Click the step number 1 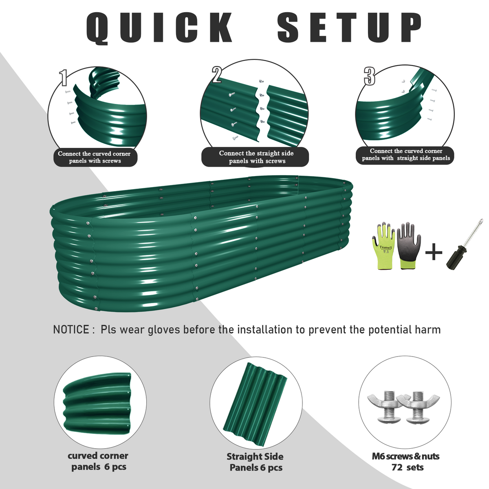pyautogui.click(x=64, y=78)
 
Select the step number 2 pyautogui.click(x=216, y=75)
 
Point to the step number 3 pyautogui.click(x=370, y=76)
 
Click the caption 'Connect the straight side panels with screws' pyautogui.click(x=256, y=157)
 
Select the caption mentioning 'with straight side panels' pyautogui.click(x=406, y=154)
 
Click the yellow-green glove pyautogui.click(x=384, y=246)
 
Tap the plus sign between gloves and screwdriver pyautogui.click(x=434, y=252)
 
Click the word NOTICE pyautogui.click(x=71, y=330)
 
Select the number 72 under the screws pyautogui.click(x=397, y=467)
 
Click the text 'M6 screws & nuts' pyautogui.click(x=405, y=456)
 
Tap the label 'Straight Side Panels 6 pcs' pyautogui.click(x=255, y=462)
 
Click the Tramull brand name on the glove pyautogui.click(x=386, y=247)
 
